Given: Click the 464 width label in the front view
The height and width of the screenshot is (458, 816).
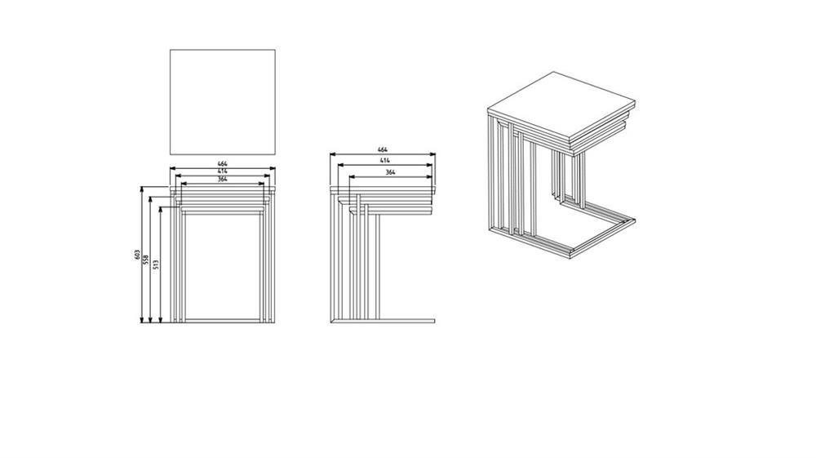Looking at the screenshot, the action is pyautogui.click(x=222, y=164).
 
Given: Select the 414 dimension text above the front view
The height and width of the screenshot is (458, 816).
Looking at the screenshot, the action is pyautogui.click(x=222, y=171).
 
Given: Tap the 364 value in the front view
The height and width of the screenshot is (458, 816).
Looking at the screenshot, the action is pyautogui.click(x=222, y=179).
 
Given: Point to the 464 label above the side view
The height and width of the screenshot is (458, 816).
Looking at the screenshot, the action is pyautogui.click(x=383, y=150).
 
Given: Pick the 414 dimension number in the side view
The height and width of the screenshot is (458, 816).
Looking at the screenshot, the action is pyautogui.click(x=384, y=161).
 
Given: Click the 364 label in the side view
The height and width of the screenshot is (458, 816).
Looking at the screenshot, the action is pyautogui.click(x=390, y=172).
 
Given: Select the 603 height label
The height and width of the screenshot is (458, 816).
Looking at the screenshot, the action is pyautogui.click(x=137, y=255).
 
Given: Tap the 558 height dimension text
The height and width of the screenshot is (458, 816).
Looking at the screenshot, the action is pyautogui.click(x=146, y=259).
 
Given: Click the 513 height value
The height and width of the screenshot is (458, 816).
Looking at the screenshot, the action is pyautogui.click(x=156, y=265).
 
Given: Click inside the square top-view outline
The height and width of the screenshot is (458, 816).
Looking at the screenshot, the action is pyautogui.click(x=223, y=102).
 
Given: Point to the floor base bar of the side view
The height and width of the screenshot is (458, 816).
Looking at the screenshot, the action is pyautogui.click(x=383, y=321).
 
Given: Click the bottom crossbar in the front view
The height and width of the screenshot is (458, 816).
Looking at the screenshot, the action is pyautogui.click(x=222, y=321).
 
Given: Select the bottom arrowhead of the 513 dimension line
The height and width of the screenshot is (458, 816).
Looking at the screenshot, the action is pyautogui.click(x=160, y=319).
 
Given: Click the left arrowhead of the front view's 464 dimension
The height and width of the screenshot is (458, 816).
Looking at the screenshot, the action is pyautogui.click(x=173, y=168).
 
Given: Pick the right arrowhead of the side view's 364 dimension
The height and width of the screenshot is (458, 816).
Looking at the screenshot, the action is pyautogui.click(x=429, y=177).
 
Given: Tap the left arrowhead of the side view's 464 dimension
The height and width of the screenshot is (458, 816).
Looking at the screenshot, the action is pyautogui.click(x=334, y=154).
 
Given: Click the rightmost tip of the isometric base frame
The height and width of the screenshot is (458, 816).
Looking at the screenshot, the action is pyautogui.click(x=636, y=220).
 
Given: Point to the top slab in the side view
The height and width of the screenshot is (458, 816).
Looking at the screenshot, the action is pyautogui.click(x=383, y=190).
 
